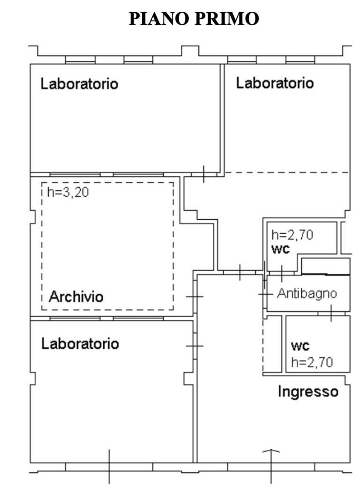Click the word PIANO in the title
(x=159, y=19)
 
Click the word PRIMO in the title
(x=226, y=19)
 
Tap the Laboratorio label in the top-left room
(x=79, y=84)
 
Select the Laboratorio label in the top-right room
(x=275, y=83)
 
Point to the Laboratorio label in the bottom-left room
(x=80, y=343)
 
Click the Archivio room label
(x=76, y=297)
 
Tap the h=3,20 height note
(x=68, y=192)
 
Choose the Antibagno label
(x=307, y=294)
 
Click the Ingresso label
(x=308, y=392)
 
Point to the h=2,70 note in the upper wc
(x=292, y=235)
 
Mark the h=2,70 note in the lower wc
(x=312, y=362)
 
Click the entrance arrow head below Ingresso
(x=271, y=451)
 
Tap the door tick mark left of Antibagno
(x=265, y=294)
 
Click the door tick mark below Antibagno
(x=331, y=313)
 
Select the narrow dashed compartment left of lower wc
(x=272, y=344)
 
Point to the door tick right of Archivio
(x=195, y=297)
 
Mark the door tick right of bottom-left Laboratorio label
(x=195, y=346)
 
